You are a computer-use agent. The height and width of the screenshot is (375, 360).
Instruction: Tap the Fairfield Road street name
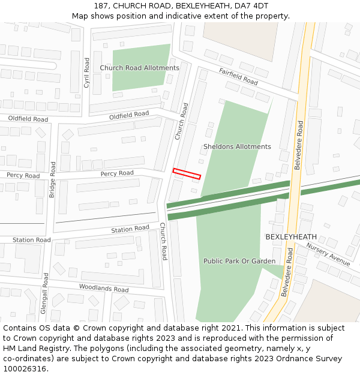tap(238, 77)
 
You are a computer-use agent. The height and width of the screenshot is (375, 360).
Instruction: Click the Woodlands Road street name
tap(104, 289)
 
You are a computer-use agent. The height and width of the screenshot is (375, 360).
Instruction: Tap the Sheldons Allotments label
tap(237, 146)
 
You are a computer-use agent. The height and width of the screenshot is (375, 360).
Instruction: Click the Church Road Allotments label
tap(139, 68)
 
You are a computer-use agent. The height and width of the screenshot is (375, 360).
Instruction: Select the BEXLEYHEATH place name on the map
tap(291, 237)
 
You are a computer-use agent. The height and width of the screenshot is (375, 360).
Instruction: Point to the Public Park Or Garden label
tap(239, 261)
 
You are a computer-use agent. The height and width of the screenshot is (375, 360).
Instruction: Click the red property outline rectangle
tap(187, 173)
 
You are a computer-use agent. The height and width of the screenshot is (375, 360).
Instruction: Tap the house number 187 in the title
tap(101, 6)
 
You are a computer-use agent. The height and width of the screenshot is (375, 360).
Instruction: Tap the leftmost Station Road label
tap(31, 240)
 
